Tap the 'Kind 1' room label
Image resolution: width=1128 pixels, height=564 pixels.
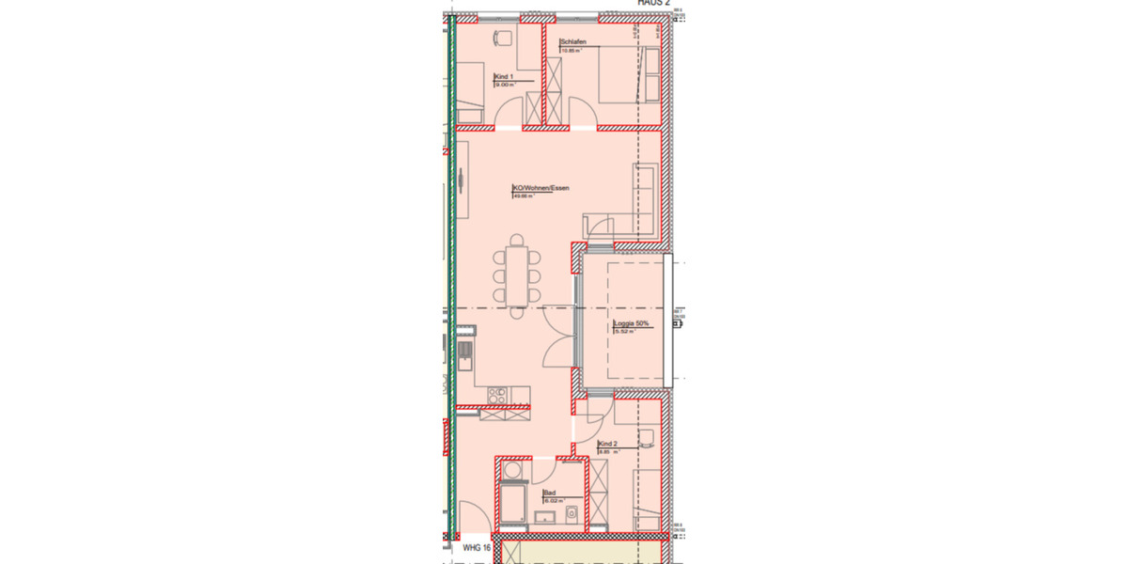pos(503,76)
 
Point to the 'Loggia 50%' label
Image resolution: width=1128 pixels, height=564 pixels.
pos(631,323)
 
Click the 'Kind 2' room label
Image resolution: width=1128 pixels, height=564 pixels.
pos(607,444)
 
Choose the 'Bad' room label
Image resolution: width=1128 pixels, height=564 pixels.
pos(549,492)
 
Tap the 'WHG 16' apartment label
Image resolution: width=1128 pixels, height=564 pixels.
pos(478,546)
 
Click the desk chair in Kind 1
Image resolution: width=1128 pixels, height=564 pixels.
pos(501,37)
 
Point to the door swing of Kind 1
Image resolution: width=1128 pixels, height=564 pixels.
pos(507,118)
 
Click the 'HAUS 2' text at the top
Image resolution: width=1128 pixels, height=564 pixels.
pos(653,4)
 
